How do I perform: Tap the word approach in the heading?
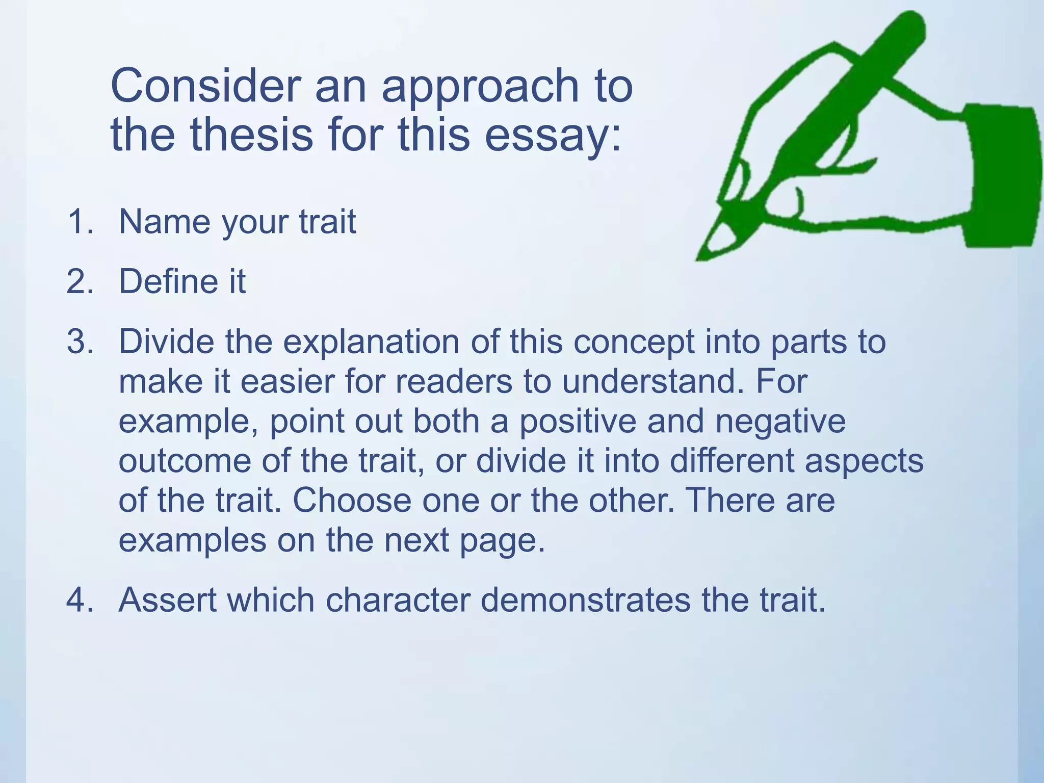coord(480,87)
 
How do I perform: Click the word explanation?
coord(371,342)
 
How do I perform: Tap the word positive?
coord(578,422)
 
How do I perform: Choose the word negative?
coord(780,422)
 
